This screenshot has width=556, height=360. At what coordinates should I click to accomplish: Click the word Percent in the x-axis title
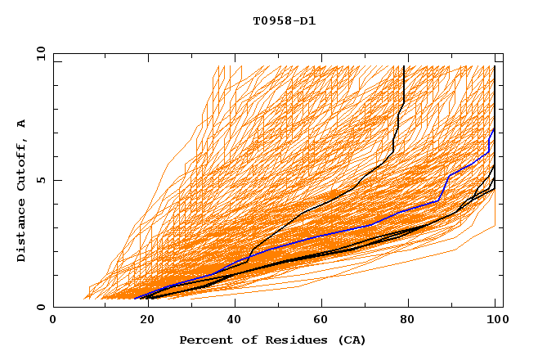[x=204, y=340]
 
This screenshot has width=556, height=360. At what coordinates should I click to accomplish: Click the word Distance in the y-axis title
[x=21, y=231]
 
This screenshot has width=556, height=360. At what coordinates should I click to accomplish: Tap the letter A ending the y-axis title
[x=21, y=124]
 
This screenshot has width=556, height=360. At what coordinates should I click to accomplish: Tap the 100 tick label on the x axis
[x=496, y=320]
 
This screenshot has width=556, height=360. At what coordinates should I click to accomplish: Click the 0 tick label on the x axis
[x=54, y=320]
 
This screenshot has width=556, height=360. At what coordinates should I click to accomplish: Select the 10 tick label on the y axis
[x=38, y=53]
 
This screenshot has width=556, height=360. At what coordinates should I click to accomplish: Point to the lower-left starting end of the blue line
[x=135, y=299]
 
